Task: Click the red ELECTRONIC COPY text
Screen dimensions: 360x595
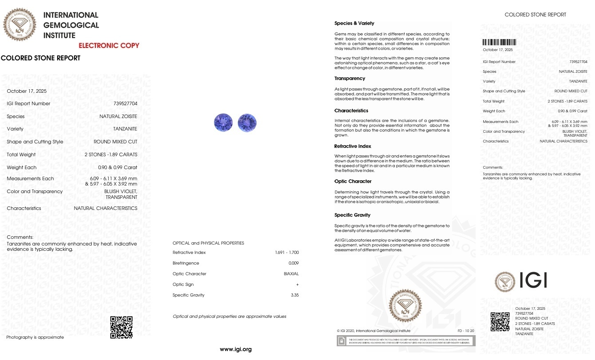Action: coord(109,45)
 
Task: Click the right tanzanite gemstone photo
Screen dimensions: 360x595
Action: coord(247,123)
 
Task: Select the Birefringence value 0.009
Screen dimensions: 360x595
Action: coord(294,263)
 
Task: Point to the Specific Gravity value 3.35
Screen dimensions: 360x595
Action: coord(294,295)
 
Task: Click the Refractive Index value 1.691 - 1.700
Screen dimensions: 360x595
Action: coord(287,253)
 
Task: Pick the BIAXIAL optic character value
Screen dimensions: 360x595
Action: coord(291,274)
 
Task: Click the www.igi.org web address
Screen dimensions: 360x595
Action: coord(236,349)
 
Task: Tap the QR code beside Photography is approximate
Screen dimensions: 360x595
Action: coord(121,327)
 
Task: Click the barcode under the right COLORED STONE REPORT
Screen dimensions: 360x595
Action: coord(499,43)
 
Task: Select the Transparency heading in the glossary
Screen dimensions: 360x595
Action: coord(350,79)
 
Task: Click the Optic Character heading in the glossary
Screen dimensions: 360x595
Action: coord(353,182)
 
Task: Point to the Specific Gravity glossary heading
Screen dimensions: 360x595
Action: coord(352,215)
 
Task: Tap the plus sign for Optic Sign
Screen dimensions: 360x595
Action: coord(297,285)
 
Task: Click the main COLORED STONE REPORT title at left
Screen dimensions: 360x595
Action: coord(41,58)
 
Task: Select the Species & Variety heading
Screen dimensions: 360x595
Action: coord(354,24)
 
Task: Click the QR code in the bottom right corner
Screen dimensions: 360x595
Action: coord(500,321)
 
